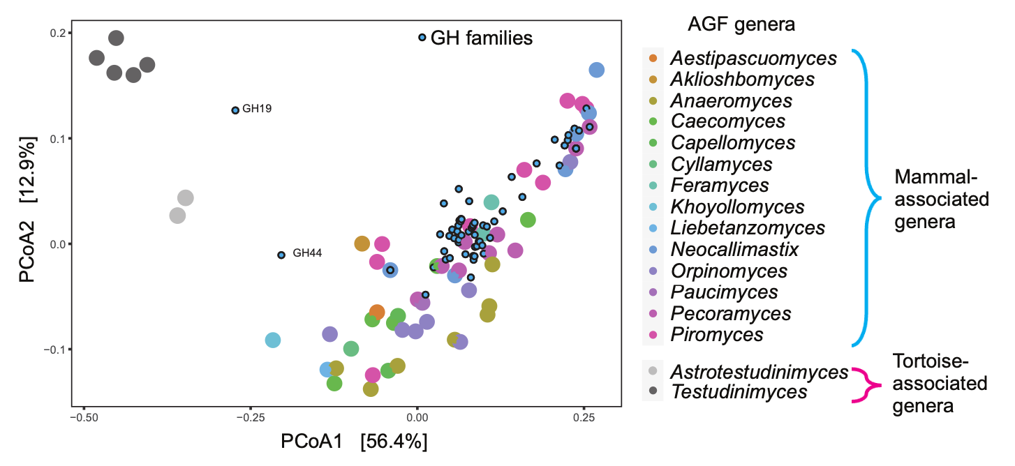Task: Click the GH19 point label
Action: pyautogui.click(x=257, y=109)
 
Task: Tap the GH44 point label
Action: pyautogui.click(x=307, y=253)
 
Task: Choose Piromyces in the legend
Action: pyautogui.click(x=716, y=335)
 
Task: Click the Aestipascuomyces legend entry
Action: pyautogui.click(x=753, y=59)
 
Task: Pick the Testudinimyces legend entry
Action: pyautogui.click(x=739, y=392)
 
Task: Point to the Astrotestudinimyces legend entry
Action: pyautogui.click(x=759, y=373)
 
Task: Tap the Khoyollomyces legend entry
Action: pyautogui.click(x=737, y=207)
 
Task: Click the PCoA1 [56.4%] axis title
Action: pyautogui.click(x=354, y=442)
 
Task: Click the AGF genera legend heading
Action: pyautogui.click(x=741, y=24)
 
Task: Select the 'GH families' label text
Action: pyautogui.click(x=482, y=38)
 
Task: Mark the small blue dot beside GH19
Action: pyautogui.click(x=235, y=110)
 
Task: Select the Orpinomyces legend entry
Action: pyautogui.click(x=729, y=271)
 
